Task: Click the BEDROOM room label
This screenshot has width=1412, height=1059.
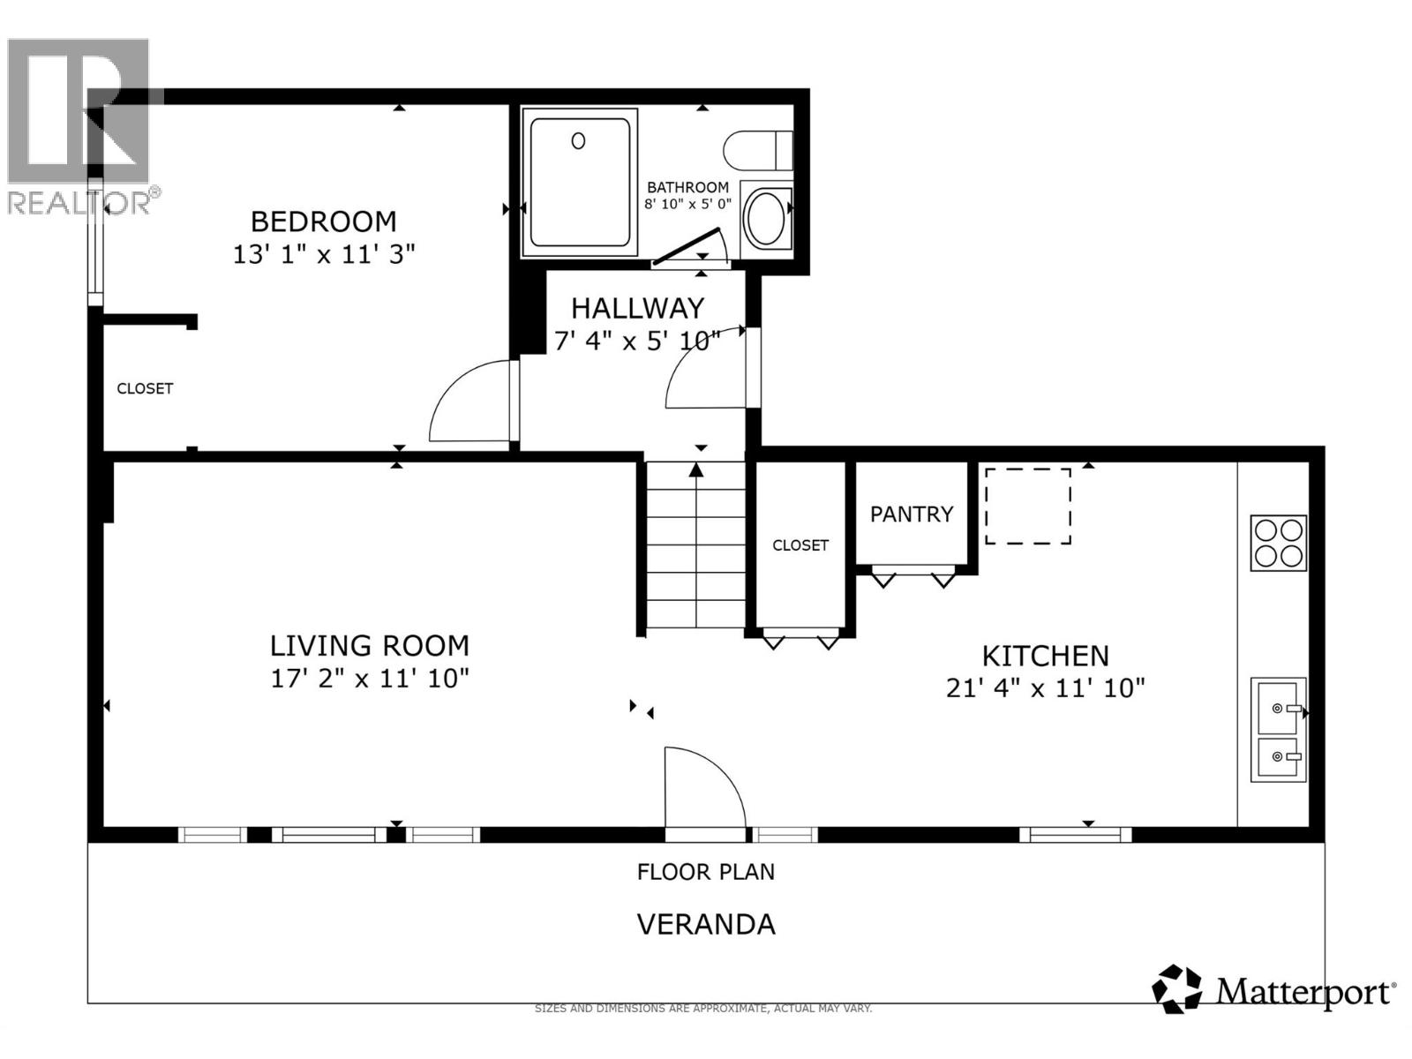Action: (x=323, y=221)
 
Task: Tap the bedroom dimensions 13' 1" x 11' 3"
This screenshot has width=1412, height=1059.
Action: (x=323, y=254)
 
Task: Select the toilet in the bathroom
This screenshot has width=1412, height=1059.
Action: (x=757, y=150)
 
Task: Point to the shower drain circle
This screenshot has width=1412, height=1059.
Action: (x=578, y=140)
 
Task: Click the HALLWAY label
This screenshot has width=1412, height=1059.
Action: (x=637, y=308)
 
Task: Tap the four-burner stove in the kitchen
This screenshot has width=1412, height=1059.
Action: (x=1279, y=543)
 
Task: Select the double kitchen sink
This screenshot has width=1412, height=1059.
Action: (x=1278, y=730)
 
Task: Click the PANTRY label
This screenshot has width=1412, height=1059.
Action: (x=912, y=514)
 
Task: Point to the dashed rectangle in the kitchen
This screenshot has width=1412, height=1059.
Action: (x=1027, y=506)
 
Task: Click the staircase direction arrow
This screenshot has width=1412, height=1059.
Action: (x=696, y=470)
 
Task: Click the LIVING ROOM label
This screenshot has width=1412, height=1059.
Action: (x=369, y=645)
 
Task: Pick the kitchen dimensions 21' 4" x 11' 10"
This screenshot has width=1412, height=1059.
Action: (x=1045, y=688)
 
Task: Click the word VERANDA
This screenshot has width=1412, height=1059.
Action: (x=706, y=924)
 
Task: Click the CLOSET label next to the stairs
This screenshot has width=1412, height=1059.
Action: (x=800, y=545)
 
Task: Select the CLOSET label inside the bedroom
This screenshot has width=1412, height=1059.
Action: (x=145, y=388)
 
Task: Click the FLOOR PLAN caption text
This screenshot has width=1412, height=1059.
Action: (x=706, y=872)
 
